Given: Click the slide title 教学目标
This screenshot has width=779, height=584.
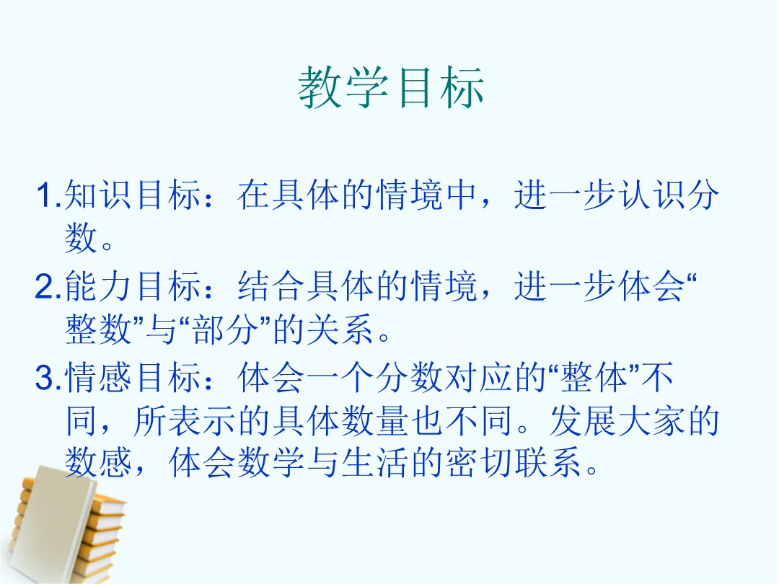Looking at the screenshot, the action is tap(391, 87).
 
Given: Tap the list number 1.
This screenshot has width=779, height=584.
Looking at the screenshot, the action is tap(48, 195).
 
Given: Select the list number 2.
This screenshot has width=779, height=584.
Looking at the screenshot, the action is tap(48, 286).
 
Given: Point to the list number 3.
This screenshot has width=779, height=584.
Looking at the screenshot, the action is tap(48, 378).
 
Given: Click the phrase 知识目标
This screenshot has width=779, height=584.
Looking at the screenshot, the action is tap(133, 195).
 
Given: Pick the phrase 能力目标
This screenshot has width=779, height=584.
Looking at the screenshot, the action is tap(133, 286).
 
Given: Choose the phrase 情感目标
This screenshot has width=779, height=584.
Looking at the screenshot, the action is tap(133, 378).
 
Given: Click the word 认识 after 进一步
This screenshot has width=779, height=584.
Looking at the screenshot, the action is tap(652, 195).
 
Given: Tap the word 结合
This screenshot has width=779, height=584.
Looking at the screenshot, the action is tap(270, 286).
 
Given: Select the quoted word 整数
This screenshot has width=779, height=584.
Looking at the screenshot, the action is tap(98, 329).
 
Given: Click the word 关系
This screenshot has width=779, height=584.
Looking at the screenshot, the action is tap(340, 329).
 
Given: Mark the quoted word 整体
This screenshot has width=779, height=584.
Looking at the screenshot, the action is tap(594, 378).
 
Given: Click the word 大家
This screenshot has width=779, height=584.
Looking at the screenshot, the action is tap(651, 421).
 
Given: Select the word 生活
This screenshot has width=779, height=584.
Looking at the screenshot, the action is tap(374, 463).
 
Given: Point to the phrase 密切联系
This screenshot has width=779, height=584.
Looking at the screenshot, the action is tap(513, 463).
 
